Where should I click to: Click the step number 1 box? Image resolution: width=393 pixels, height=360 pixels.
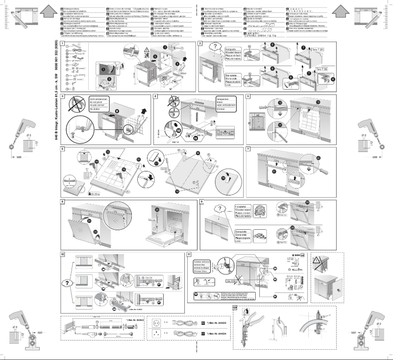click(x=62, y=44)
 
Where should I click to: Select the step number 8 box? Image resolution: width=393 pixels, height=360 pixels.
click(x=62, y=202)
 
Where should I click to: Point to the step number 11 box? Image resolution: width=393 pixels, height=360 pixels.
click(x=189, y=254)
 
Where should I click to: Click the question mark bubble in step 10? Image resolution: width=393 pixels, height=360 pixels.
click(x=65, y=283)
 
